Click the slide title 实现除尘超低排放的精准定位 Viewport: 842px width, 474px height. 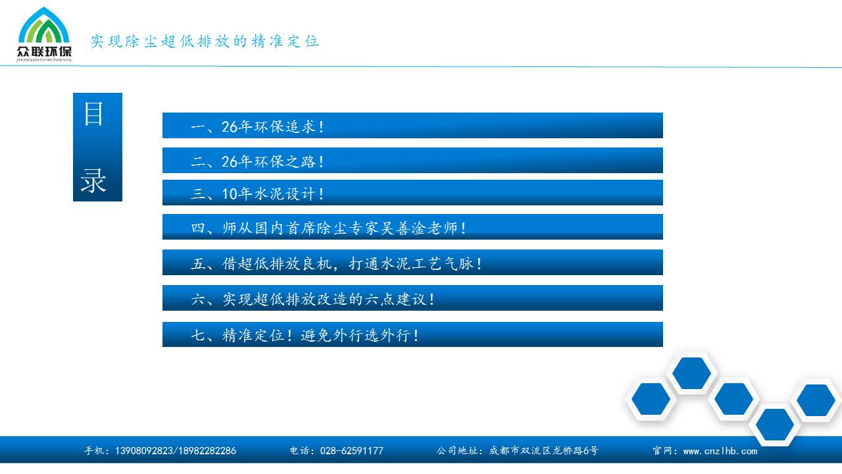click(205, 41)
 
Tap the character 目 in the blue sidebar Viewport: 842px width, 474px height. click(93, 114)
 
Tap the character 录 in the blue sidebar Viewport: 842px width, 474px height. click(93, 180)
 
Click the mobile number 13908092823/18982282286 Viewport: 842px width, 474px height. click(176, 451)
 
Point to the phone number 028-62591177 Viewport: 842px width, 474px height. click(351, 451)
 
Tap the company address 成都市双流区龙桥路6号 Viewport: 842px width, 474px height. click(543, 451)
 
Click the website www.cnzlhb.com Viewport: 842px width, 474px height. click(720, 451)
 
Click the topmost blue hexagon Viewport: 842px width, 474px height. click(691, 373)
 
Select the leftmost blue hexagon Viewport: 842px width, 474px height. click(651, 399)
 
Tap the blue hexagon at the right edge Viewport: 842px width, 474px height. click(816, 400)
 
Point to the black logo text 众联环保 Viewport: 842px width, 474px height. click(44, 51)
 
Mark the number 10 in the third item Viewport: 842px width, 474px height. click(229, 194)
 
